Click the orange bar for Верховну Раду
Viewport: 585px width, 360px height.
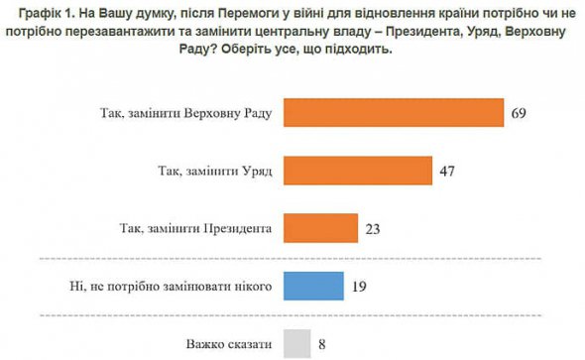[x=395, y=113]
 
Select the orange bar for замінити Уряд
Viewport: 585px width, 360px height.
[x=359, y=171]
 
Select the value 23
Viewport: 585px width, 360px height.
[x=373, y=229]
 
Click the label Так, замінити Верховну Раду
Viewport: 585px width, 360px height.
[x=187, y=113]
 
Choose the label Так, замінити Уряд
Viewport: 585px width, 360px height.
[x=216, y=171]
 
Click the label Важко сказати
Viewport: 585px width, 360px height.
[x=231, y=344]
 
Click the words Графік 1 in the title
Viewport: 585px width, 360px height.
[x=47, y=12]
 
